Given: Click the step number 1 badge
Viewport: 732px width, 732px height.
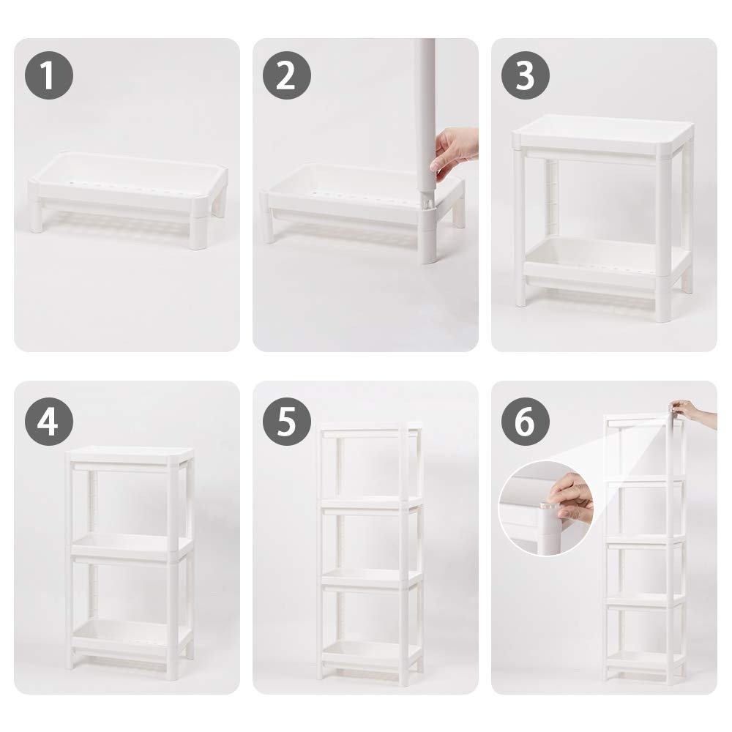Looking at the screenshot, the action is click(x=48, y=75).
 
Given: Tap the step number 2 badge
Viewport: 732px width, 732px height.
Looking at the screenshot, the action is click(x=287, y=75).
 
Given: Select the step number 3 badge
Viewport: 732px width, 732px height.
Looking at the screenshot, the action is click(x=525, y=75).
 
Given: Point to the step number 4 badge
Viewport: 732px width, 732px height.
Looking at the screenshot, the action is click(x=48, y=421).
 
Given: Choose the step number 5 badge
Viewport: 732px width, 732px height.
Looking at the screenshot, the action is click(x=287, y=421).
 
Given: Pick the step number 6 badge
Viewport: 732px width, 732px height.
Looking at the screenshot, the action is click(x=525, y=421).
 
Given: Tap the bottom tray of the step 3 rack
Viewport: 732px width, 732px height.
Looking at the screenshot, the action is click(x=605, y=264).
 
